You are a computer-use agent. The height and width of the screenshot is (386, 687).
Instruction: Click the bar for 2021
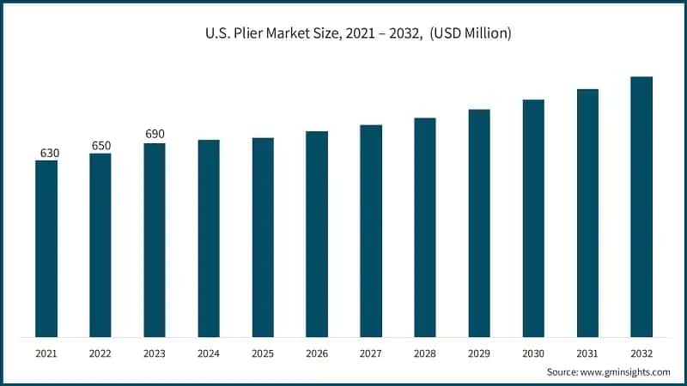46,249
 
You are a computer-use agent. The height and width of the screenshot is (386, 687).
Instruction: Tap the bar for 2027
371,231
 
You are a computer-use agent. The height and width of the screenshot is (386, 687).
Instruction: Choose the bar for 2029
479,223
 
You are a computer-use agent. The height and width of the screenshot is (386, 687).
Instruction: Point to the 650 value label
101,146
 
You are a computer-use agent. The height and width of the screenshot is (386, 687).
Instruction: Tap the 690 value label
155,135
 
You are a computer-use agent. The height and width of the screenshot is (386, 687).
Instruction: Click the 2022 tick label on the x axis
100,353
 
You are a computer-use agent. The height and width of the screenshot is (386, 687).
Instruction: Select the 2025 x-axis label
263,353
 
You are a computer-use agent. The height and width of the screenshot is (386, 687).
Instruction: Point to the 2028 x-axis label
425,353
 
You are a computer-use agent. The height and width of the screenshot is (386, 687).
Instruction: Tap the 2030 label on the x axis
533,353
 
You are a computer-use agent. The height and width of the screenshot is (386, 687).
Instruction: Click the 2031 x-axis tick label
587,353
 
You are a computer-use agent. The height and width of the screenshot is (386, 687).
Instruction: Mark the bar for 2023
155,240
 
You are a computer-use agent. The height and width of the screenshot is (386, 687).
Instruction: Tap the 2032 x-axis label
641,353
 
